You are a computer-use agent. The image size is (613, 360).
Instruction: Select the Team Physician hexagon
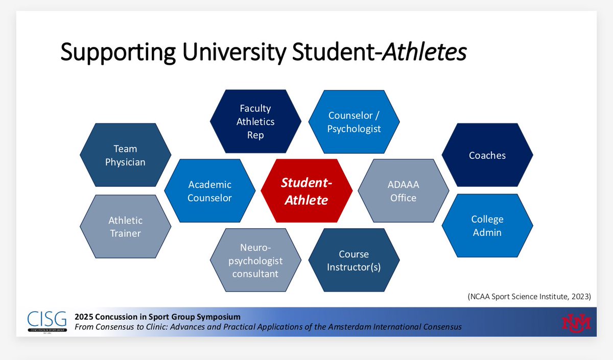pyautogui.click(x=126, y=155)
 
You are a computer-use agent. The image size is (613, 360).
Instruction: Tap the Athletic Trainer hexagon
pyautogui.click(x=126, y=227)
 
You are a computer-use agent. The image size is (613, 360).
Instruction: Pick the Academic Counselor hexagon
pyautogui.click(x=209, y=191)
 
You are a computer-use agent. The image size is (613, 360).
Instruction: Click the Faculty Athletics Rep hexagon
pyautogui.click(x=255, y=122)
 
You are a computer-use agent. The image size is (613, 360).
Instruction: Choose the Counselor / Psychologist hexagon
pyautogui.click(x=355, y=122)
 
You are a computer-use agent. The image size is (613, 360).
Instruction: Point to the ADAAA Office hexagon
pyautogui.click(x=403, y=191)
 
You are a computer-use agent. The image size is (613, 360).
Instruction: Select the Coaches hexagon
pyautogui.click(x=487, y=155)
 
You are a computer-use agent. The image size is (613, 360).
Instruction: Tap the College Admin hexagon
pyautogui.click(x=487, y=226)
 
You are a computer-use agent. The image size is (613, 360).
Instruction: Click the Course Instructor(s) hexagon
pyautogui.click(x=353, y=260)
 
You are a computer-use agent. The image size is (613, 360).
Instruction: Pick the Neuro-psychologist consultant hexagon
pyautogui.click(x=255, y=260)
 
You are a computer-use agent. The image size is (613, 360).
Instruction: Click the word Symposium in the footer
pyautogui.click(x=217, y=317)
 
